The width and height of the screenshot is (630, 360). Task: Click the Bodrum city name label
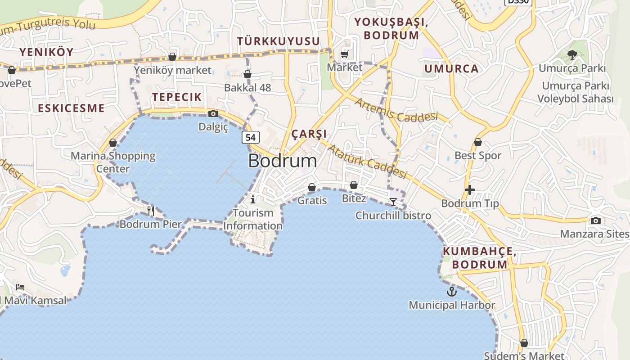[x=282, y=161]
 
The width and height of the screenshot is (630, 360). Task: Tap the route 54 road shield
[x=251, y=137]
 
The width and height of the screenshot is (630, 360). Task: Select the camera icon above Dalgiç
[x=213, y=113]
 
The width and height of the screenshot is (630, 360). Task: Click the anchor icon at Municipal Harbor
[x=451, y=292]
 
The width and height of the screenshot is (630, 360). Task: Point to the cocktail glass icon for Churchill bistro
[x=393, y=202]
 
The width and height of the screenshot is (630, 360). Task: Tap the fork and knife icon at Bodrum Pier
[x=151, y=211]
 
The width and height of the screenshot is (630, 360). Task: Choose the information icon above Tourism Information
[x=253, y=199]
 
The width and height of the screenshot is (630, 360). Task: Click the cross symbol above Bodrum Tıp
[x=470, y=190]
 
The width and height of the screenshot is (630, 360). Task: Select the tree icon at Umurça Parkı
[x=572, y=55]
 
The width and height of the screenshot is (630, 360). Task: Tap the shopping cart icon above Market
[x=345, y=54]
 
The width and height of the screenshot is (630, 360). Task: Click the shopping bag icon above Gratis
[x=312, y=187]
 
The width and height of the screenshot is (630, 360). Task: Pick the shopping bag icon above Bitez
[x=354, y=185]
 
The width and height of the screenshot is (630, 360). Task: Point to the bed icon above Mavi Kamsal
[x=20, y=287]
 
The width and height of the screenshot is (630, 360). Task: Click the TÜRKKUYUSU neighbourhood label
[x=279, y=41]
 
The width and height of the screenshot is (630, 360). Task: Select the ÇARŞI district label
[x=309, y=134]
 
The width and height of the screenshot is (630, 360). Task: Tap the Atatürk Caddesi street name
[x=367, y=161]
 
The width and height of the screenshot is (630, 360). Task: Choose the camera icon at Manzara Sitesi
[x=596, y=220]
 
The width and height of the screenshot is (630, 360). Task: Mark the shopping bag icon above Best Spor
[x=478, y=142]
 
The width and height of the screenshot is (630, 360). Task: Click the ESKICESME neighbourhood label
[x=71, y=108]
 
